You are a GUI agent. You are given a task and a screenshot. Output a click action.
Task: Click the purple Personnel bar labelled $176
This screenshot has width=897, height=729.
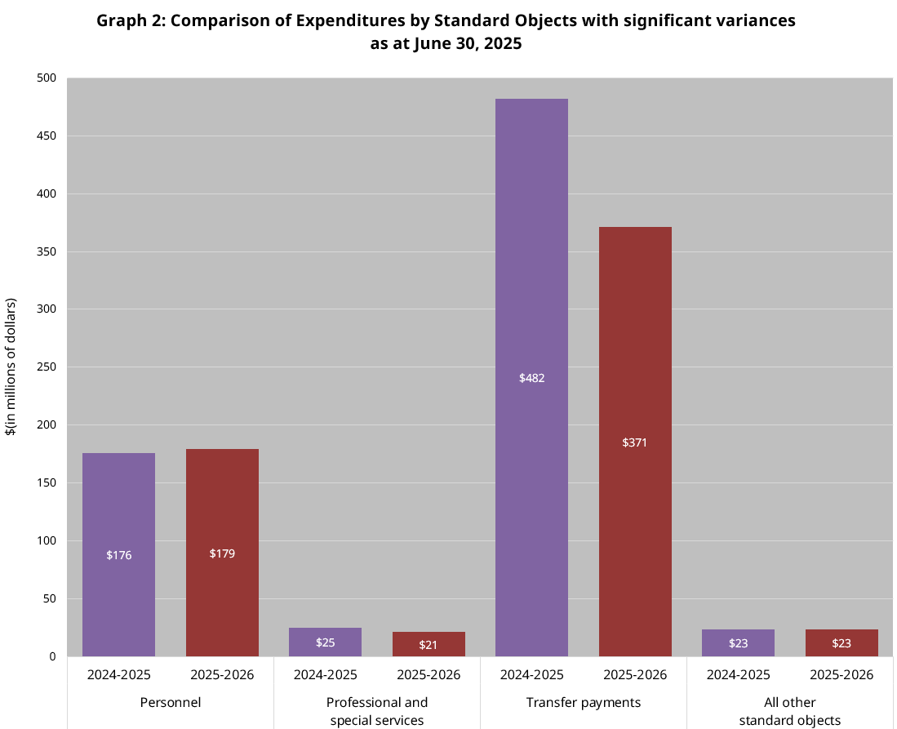[118, 506]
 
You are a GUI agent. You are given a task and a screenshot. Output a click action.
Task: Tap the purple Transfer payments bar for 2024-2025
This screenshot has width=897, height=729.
[531, 286]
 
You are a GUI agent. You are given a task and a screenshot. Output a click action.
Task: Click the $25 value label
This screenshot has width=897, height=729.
[325, 642]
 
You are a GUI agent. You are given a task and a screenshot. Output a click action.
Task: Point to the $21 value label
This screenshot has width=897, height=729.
[429, 645]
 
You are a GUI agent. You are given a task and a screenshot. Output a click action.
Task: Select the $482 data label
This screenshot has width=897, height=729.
[531, 378]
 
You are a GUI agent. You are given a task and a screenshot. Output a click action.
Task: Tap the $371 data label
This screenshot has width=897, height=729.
[635, 442]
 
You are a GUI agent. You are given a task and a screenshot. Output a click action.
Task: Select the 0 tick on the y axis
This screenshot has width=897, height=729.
[51, 656]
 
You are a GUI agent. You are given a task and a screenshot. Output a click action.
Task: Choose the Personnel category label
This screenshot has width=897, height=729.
[170, 702]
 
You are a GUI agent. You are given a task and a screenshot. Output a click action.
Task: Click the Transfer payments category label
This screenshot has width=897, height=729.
[583, 702]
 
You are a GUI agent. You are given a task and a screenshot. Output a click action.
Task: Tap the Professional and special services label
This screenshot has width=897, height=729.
[376, 711]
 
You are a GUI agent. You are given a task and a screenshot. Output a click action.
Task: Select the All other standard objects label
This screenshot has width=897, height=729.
[789, 711]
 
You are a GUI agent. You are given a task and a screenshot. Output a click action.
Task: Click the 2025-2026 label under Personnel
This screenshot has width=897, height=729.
[222, 675]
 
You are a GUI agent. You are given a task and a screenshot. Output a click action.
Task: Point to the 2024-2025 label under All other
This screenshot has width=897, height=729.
[738, 675]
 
